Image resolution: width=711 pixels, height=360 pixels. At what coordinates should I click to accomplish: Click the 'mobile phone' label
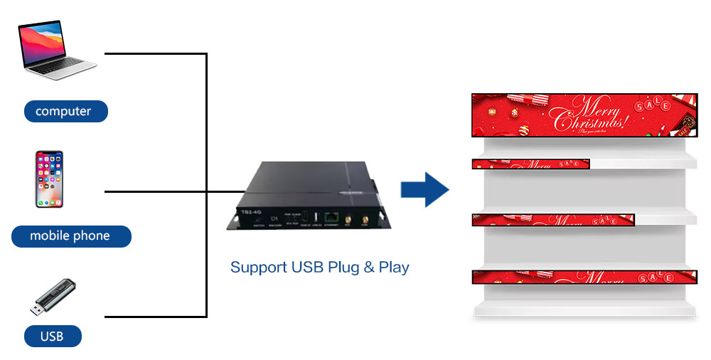point(70,235)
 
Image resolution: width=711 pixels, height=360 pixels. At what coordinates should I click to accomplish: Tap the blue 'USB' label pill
point(53,336)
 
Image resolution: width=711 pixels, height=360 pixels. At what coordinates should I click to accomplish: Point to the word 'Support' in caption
point(259,268)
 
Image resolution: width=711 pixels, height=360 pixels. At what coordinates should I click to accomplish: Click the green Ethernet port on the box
point(331,217)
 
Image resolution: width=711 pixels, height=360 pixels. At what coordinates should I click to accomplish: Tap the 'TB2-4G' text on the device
point(246,212)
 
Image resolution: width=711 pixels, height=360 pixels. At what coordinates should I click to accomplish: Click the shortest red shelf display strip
point(530,164)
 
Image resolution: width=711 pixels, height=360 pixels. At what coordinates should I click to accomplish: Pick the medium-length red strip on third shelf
point(552,221)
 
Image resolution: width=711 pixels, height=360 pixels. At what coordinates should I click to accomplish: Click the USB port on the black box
point(316,216)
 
